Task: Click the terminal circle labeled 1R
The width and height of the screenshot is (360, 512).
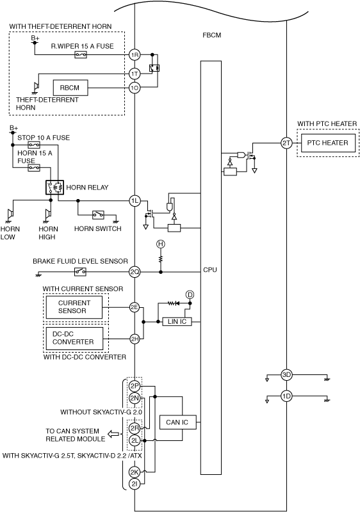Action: pyautogui.click(x=135, y=54)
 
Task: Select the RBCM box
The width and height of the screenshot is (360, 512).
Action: pyautogui.click(x=70, y=88)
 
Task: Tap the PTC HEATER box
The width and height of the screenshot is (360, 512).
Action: pyautogui.click(x=328, y=143)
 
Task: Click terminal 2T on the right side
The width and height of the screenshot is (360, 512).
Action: pyautogui.click(x=286, y=143)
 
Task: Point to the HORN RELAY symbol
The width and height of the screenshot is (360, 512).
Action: pyautogui.click(x=54, y=188)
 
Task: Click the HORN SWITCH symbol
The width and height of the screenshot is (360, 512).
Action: pyautogui.click(x=98, y=214)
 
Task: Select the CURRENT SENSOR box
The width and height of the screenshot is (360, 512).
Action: pyautogui.click(x=74, y=307)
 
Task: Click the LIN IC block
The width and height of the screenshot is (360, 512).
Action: pyautogui.click(x=177, y=322)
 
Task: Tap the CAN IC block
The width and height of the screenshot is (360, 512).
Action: pyautogui.click(x=177, y=422)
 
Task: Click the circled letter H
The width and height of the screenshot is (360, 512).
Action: pyautogui.click(x=160, y=244)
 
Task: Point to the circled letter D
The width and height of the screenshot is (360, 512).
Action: pyautogui.click(x=190, y=295)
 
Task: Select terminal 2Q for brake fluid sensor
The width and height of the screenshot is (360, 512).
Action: pyautogui.click(x=135, y=271)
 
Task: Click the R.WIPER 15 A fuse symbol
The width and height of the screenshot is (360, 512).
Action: pyautogui.click(x=81, y=54)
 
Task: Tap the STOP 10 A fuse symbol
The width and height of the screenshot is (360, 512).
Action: pyautogui.click(x=34, y=145)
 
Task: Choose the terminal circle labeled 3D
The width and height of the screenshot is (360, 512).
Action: pyautogui.click(x=286, y=375)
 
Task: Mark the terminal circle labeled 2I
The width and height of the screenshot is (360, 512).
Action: pyautogui.click(x=135, y=484)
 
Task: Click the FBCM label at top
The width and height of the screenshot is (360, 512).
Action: pyautogui.click(x=211, y=35)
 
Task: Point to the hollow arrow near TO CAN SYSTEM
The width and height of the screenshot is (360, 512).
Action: pyautogui.click(x=113, y=435)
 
